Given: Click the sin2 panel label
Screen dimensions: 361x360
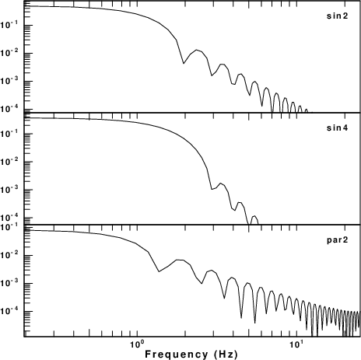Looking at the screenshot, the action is [x=337, y=16].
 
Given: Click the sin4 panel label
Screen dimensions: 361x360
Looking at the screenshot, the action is [x=337, y=128].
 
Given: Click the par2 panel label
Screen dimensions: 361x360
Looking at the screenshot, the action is [x=337, y=240].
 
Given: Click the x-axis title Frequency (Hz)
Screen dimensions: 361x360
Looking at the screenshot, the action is [x=191, y=354].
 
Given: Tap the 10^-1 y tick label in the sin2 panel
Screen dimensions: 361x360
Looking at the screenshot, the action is [x=9, y=25].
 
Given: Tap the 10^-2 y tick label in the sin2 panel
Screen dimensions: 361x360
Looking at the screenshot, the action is [x=9, y=53].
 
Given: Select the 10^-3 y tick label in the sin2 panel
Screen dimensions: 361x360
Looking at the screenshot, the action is [x=9, y=81].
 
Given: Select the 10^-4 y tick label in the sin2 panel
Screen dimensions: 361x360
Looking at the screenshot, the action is [x=9, y=109].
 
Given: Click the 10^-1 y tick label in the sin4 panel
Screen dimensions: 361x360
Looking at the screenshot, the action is [x=9, y=134].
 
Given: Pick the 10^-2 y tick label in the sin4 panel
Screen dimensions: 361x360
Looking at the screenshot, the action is [x=9, y=162].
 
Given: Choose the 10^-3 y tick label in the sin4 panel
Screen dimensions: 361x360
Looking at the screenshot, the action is [x=9, y=190].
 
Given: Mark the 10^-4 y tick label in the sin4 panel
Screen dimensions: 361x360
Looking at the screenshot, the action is [x=9, y=218].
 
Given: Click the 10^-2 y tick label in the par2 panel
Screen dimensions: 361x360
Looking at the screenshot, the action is [x=9, y=255].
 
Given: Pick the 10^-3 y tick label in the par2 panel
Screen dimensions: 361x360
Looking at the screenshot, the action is [x=9, y=283].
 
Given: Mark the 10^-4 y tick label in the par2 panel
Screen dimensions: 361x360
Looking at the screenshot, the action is [x=9, y=311].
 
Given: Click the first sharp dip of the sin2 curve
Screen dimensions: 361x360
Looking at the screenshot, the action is [x=184, y=63].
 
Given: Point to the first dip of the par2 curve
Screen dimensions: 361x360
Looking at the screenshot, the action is [x=159, y=271].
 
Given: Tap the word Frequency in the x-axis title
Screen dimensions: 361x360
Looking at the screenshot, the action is [x=177, y=354].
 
